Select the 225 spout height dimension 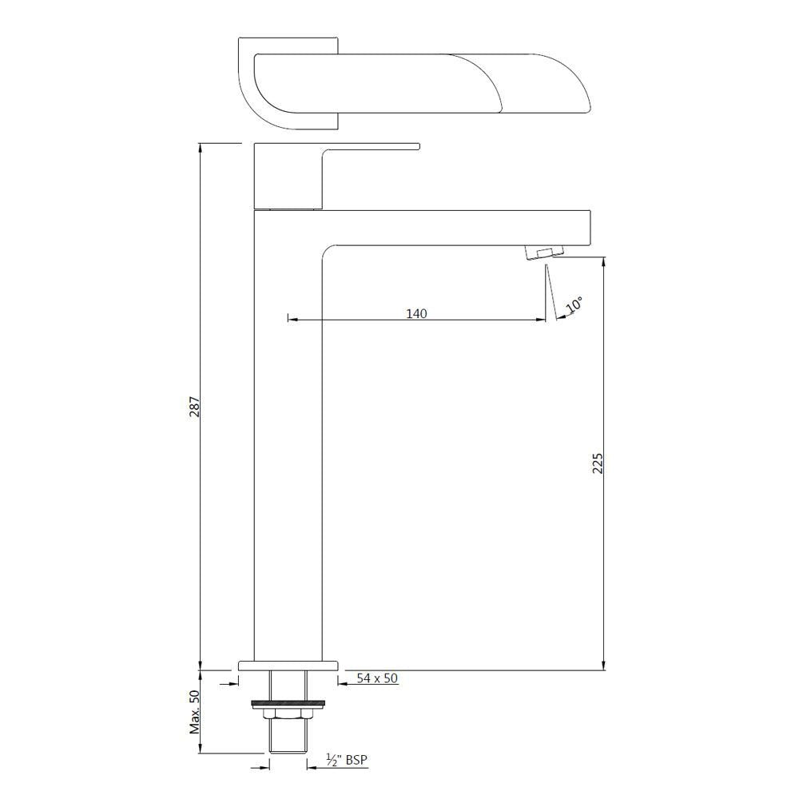(597, 463)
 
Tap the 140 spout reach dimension (416, 313)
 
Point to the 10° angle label (574, 306)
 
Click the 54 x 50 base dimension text (377, 678)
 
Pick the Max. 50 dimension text (193, 712)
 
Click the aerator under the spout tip (541, 252)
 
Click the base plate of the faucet (288, 665)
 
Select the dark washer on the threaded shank (288, 704)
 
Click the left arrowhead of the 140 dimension (291, 320)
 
